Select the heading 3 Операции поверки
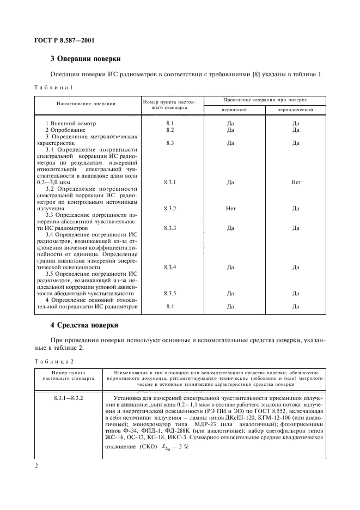[x=85, y=58]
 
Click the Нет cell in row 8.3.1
[x=296, y=183]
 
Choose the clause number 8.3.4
[x=169, y=267]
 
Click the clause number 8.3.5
[x=169, y=293]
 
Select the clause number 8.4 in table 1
[x=169, y=306]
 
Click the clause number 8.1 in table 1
[x=169, y=123]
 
